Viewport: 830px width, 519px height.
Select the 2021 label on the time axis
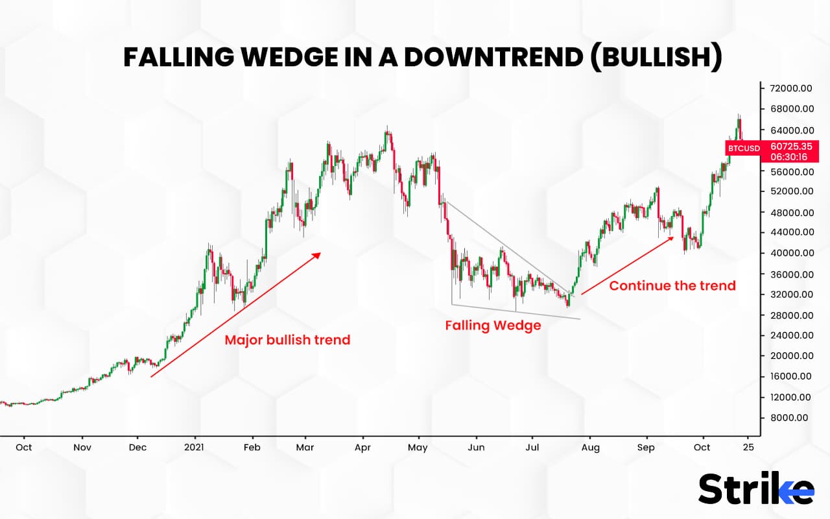195,448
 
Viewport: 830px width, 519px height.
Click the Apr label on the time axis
363,448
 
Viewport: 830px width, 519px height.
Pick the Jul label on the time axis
532,448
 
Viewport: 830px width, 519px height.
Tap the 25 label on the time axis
748,448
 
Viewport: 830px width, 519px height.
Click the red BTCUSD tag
744,149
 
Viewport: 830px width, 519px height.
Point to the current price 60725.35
790,147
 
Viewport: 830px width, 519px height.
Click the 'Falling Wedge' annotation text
493,326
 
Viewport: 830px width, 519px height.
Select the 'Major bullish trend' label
287,340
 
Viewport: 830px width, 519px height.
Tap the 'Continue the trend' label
672,285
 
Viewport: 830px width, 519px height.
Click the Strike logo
755,489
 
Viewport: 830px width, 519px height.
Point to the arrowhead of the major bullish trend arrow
318,254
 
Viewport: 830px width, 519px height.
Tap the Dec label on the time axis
138,448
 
